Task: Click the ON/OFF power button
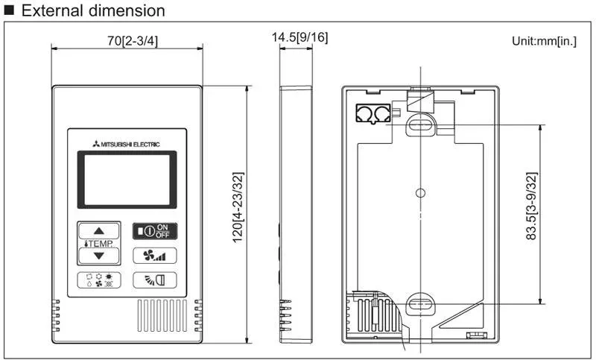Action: point(155,231)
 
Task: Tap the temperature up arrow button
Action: point(99,231)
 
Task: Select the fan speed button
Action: point(155,256)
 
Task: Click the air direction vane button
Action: point(155,280)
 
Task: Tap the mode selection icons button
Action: point(99,280)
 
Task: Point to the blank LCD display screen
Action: point(127,180)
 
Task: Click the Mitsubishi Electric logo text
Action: point(127,144)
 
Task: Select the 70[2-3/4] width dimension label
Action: point(133,41)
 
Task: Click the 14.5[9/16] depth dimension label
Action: point(299,37)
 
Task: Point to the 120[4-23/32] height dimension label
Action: point(238,207)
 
